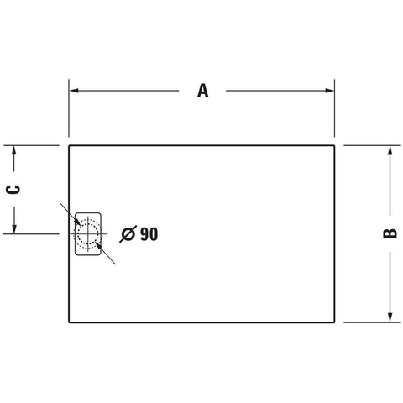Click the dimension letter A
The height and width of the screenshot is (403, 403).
click(203, 91)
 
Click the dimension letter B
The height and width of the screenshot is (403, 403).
click(390, 233)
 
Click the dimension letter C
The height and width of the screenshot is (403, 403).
click(13, 190)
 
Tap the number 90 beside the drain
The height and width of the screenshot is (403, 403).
click(149, 234)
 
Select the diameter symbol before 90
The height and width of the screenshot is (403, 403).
click(128, 233)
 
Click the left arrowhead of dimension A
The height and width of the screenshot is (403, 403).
click(74, 91)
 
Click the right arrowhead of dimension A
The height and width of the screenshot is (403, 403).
click(330, 91)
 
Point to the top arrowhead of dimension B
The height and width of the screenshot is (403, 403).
click(390, 150)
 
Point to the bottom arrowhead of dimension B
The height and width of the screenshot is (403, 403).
click(390, 317)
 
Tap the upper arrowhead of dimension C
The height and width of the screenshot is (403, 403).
click(14, 150)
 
